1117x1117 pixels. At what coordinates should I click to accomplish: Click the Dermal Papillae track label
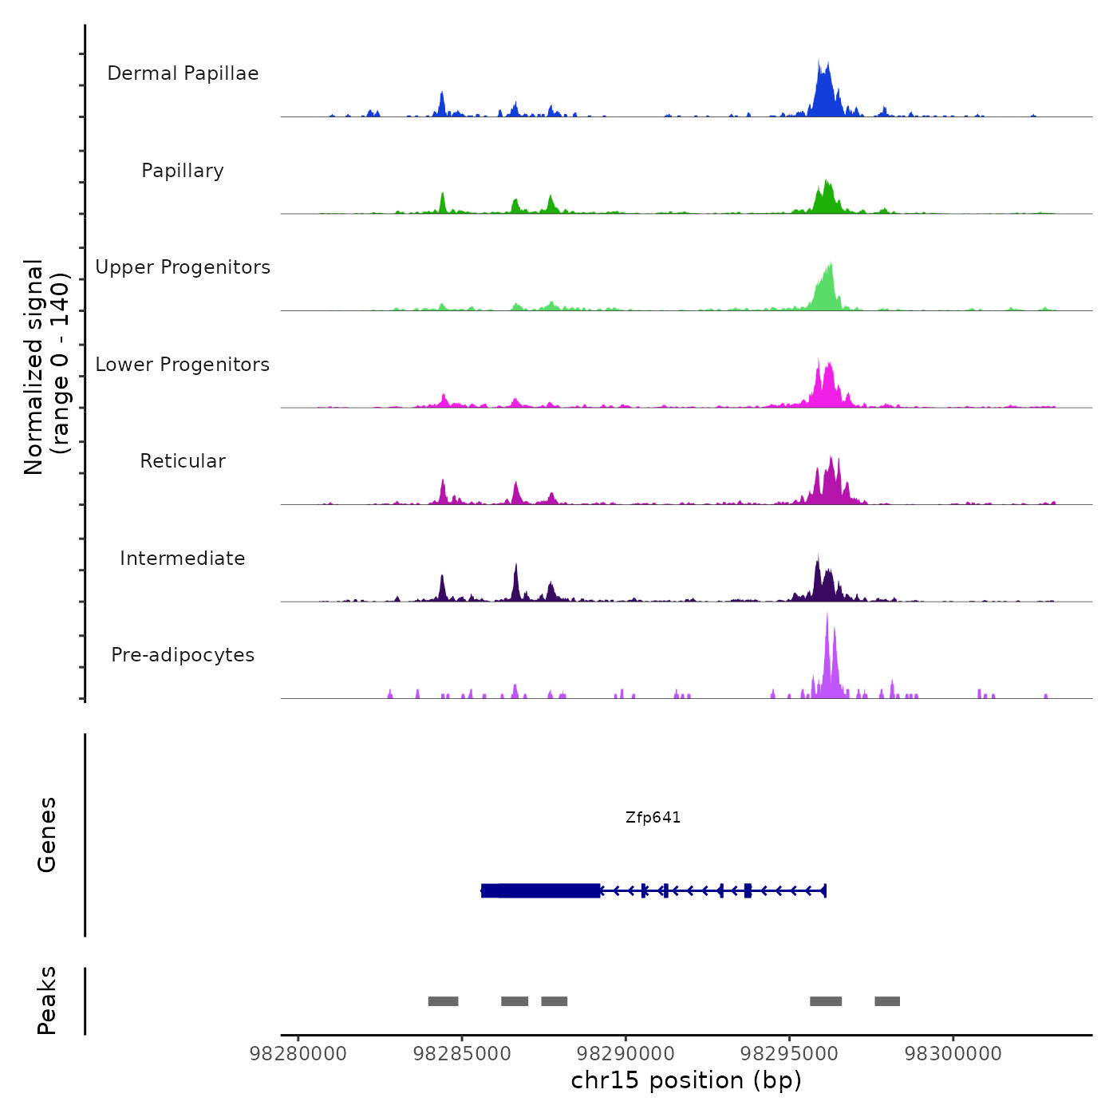(x=183, y=73)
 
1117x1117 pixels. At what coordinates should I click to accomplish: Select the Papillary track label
(x=183, y=171)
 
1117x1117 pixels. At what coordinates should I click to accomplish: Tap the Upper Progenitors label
(x=183, y=267)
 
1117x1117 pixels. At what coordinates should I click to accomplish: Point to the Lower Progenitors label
(x=183, y=365)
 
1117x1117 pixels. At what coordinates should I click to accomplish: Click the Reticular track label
(x=183, y=461)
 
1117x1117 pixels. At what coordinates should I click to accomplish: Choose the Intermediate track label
(x=183, y=558)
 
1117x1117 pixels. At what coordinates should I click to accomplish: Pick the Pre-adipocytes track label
(x=183, y=655)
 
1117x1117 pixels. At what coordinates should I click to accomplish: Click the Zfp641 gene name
(x=653, y=818)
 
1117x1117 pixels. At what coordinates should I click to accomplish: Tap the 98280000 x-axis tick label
(x=298, y=1054)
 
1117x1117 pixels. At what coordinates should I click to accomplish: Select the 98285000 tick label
(x=462, y=1054)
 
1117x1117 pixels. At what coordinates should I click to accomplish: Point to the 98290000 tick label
(x=626, y=1054)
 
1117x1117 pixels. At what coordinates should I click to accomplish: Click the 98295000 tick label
(x=789, y=1054)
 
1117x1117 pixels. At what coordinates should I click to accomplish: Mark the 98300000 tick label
(x=953, y=1054)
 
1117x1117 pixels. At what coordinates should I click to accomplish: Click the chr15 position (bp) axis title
(x=686, y=1081)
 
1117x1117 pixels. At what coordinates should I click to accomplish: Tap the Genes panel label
(x=47, y=835)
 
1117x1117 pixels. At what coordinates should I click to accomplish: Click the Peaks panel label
(x=47, y=1001)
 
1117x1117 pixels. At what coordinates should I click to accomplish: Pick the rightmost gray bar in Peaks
(x=887, y=1001)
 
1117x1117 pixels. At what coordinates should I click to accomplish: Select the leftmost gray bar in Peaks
(x=443, y=1001)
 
